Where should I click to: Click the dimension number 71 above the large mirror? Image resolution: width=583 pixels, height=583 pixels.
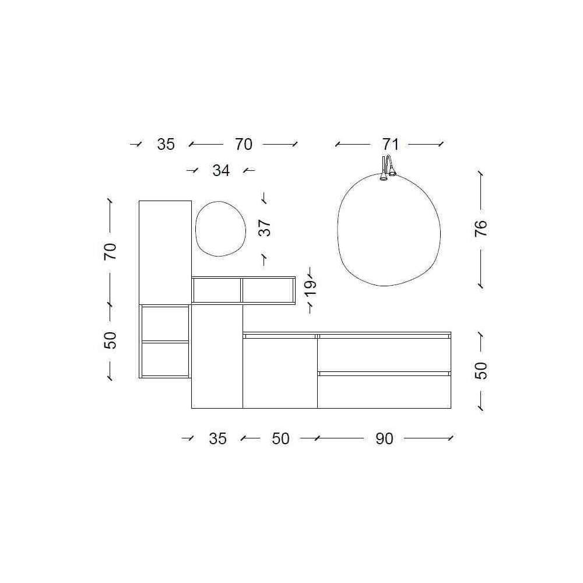click(x=390, y=144)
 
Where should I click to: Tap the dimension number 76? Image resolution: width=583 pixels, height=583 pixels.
click(x=481, y=229)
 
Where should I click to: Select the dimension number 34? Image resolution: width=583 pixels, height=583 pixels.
click(x=221, y=170)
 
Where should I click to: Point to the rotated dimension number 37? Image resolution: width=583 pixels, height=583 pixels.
click(x=264, y=228)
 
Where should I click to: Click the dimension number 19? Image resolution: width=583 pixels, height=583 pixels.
click(x=310, y=287)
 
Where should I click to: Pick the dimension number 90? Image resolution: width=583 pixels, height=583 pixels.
click(x=384, y=439)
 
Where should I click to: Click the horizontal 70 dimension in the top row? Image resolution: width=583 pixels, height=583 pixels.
click(x=244, y=144)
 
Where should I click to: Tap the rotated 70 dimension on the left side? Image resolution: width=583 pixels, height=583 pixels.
click(x=110, y=251)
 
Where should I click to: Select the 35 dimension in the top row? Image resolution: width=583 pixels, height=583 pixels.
click(x=166, y=144)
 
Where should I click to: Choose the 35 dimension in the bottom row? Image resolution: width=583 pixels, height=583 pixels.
click(x=217, y=439)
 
